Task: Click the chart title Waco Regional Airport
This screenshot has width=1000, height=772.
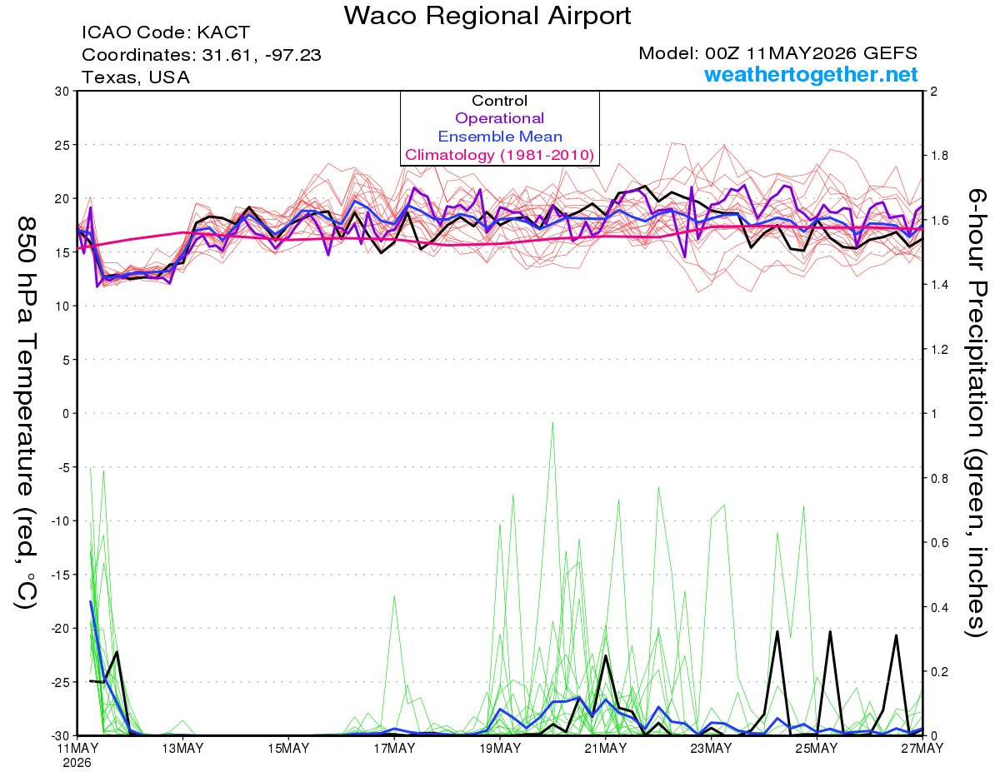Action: tap(487, 16)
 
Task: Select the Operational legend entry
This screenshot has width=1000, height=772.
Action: tap(499, 118)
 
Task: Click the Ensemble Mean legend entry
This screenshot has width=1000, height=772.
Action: tap(500, 137)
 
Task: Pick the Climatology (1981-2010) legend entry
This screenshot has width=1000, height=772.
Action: tap(499, 155)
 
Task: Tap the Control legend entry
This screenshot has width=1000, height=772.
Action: tap(499, 100)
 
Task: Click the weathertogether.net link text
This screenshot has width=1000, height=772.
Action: tap(811, 74)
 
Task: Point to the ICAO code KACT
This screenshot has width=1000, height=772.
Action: tap(223, 32)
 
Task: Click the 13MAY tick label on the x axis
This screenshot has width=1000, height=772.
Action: tap(182, 749)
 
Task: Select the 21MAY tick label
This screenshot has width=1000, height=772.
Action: tap(606, 749)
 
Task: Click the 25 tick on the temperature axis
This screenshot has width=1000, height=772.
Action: tap(62, 145)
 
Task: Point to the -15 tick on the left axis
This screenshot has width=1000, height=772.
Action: tap(60, 575)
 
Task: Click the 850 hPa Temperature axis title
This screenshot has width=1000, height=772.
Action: tap(26, 413)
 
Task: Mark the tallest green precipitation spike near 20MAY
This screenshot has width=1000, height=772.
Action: tap(552, 422)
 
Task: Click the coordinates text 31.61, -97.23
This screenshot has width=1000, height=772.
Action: tap(262, 55)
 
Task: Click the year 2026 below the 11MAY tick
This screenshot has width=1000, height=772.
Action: tap(77, 764)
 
